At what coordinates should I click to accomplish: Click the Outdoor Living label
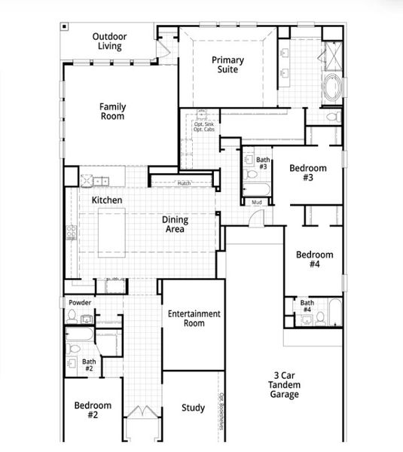pyautogui.click(x=109, y=41)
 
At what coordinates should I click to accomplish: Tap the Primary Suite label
pyautogui.click(x=227, y=65)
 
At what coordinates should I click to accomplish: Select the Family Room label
pyautogui.click(x=113, y=111)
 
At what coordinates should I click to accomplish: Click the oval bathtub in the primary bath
pyautogui.click(x=332, y=90)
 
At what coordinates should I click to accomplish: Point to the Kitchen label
pyautogui.click(x=107, y=200)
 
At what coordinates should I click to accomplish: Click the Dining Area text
pyautogui.click(x=176, y=224)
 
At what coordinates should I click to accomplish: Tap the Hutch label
pyautogui.click(x=184, y=183)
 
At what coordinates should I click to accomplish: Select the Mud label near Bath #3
pyautogui.click(x=257, y=202)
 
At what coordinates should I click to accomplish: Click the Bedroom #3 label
pyautogui.click(x=308, y=173)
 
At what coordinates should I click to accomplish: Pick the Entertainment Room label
pyautogui.click(x=194, y=318)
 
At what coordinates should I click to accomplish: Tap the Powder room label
pyautogui.click(x=80, y=303)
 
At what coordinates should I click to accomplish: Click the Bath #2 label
pyautogui.click(x=89, y=365)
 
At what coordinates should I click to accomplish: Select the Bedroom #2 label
pyautogui.click(x=93, y=410)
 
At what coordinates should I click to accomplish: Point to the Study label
pyautogui.click(x=193, y=408)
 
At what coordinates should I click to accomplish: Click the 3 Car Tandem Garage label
pyautogui.click(x=285, y=384)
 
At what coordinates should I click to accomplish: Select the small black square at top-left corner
pyautogui.click(x=66, y=27)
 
